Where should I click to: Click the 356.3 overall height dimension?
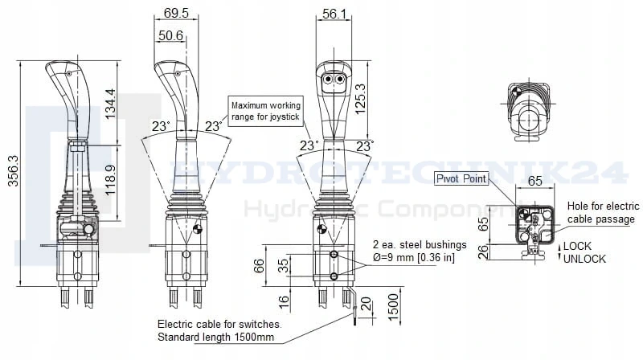tap(13, 170)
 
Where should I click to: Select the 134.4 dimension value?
tap(110, 104)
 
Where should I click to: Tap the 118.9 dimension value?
tap(110, 181)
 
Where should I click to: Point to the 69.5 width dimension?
tap(176, 13)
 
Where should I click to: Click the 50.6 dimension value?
tap(170, 35)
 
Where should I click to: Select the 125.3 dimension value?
tap(360, 99)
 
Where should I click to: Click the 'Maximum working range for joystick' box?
tap(266, 111)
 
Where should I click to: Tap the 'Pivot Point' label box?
tap(461, 178)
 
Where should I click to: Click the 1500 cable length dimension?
tap(393, 308)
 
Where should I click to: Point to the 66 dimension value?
tap(259, 266)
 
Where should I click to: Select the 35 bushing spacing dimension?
tap(283, 266)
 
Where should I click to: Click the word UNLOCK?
tap(584, 259)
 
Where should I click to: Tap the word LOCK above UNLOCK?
tap(577, 246)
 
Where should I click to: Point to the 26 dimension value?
tap(484, 252)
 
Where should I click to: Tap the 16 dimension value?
tap(284, 302)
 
